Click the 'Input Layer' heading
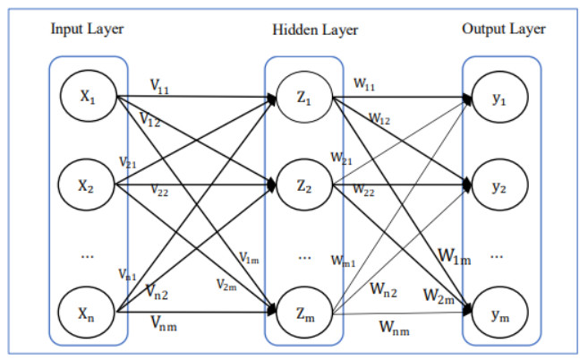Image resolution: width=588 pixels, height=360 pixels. click(x=87, y=28)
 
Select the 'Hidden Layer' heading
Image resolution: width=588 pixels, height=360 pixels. click(x=315, y=30)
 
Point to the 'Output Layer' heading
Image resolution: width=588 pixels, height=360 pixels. click(x=504, y=29)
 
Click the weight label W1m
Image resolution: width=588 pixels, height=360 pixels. click(x=454, y=258)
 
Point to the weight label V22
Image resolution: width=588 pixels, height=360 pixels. click(x=158, y=192)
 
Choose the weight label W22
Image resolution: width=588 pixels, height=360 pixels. click(x=363, y=190)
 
